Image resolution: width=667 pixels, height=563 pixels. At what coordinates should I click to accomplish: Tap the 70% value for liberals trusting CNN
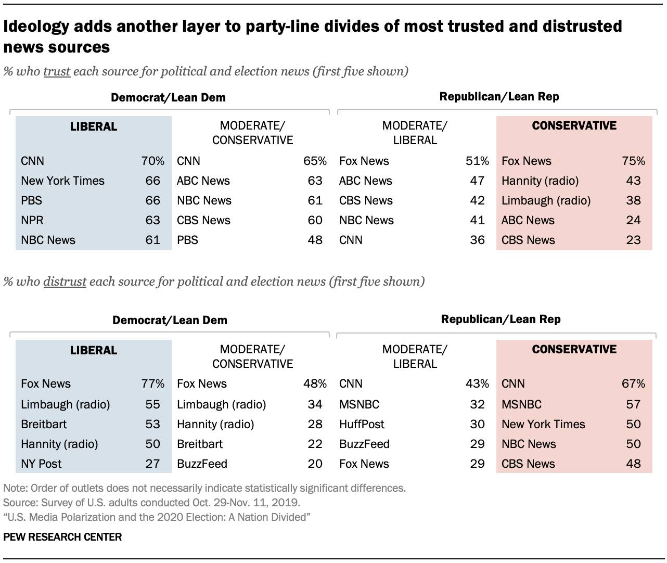(152, 161)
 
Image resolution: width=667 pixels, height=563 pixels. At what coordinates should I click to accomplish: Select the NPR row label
(32, 221)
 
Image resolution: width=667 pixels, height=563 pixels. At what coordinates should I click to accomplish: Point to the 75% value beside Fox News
(633, 161)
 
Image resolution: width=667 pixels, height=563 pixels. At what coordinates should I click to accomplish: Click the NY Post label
(41, 464)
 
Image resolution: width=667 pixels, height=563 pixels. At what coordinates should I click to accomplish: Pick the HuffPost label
(362, 424)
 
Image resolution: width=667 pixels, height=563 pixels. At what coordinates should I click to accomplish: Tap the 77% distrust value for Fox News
(152, 384)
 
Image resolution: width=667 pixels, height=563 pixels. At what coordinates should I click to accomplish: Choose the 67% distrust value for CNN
(633, 384)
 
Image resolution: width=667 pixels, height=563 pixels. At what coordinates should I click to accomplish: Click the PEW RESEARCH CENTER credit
(62, 537)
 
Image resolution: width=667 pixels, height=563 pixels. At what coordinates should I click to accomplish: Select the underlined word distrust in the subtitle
(65, 281)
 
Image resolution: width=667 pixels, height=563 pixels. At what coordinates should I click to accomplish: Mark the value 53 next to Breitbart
(152, 424)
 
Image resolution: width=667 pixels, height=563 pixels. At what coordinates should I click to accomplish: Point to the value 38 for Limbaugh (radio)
(633, 201)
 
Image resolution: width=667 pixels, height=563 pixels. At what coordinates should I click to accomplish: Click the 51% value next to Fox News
(477, 161)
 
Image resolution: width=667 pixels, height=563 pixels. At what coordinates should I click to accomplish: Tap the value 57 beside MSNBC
(633, 404)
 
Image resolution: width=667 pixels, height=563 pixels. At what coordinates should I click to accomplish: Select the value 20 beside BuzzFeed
(315, 464)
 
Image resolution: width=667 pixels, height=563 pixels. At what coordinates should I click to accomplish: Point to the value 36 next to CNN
(477, 240)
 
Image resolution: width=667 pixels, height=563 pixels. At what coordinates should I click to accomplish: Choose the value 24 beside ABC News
(633, 221)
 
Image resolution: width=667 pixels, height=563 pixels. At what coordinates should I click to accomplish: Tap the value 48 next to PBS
(315, 240)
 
